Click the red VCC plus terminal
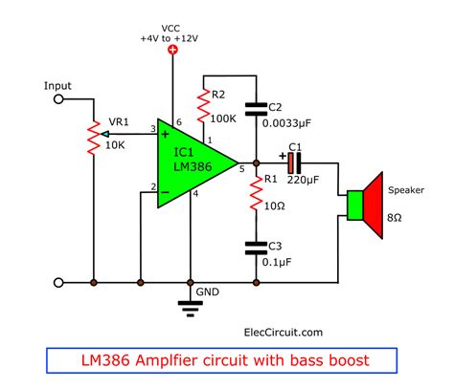[172, 50]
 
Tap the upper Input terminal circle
[58, 99]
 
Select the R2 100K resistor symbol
[203, 106]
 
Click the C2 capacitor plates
[256, 109]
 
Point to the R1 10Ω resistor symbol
[256, 194]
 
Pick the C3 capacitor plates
[256, 249]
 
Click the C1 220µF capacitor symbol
[294, 163]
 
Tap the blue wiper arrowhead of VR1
[104, 134]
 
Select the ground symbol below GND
[191, 309]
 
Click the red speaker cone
[374, 205]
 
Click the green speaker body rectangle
[355, 205]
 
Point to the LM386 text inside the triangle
[193, 166]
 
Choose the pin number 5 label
[242, 169]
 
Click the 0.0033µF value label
[286, 123]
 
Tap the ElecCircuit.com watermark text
[284, 333]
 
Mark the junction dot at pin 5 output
[256, 163]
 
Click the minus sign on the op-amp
[165, 192]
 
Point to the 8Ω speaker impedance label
[395, 218]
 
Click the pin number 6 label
[179, 122]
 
